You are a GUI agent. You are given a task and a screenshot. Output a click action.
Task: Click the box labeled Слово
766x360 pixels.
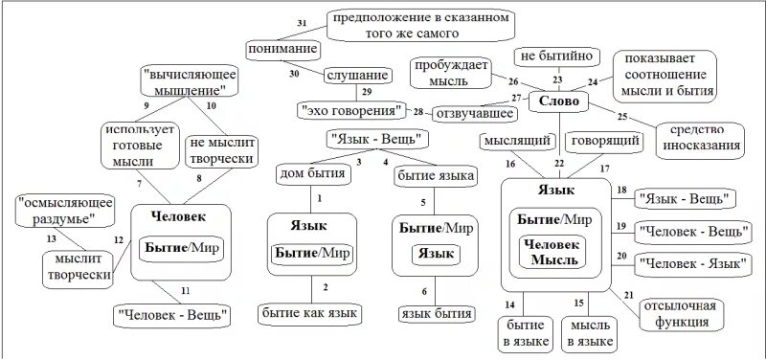point(557,101)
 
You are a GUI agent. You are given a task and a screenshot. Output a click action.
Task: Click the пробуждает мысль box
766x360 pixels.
point(451,74)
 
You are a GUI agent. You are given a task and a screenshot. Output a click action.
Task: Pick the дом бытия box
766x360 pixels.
point(314,174)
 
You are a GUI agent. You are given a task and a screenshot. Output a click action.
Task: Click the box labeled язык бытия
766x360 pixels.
point(436,313)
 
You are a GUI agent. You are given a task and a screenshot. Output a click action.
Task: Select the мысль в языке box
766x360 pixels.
point(591,332)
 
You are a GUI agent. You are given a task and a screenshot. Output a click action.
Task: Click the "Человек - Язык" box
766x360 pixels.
point(692,262)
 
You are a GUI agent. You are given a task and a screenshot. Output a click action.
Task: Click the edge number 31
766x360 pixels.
point(303,21)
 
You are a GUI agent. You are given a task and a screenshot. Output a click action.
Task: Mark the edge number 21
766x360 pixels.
point(629,294)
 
